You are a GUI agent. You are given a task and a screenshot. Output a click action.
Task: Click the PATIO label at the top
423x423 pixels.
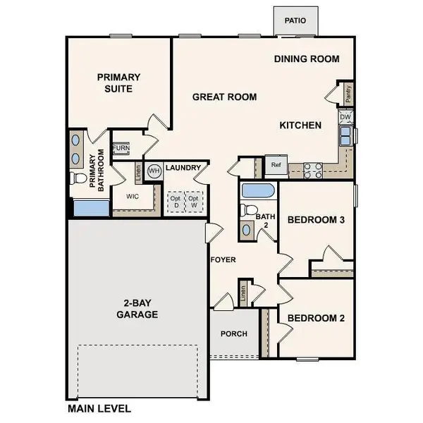(295, 20)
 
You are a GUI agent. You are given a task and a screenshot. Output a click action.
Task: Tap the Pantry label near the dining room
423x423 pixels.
(348, 92)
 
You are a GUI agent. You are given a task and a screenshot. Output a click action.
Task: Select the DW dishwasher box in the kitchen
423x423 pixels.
(345, 116)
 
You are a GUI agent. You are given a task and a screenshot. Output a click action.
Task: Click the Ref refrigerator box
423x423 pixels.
(276, 164)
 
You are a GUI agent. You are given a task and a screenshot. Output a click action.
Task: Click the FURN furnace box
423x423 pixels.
(121, 149)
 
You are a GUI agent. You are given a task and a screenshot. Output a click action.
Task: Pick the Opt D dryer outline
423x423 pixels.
(174, 202)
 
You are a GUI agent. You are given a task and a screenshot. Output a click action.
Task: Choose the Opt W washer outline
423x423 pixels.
(192, 202)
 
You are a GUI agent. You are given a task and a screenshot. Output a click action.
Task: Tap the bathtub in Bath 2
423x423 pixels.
(259, 190)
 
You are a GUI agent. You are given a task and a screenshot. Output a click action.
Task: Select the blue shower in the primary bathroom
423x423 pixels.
(90, 208)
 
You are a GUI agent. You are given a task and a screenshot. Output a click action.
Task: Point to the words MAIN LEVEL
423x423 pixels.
(99, 408)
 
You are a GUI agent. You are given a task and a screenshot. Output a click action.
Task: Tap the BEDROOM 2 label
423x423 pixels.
(316, 318)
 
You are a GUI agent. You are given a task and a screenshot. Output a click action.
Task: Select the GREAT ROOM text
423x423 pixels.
(224, 97)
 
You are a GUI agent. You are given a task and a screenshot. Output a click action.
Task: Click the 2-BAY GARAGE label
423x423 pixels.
(137, 309)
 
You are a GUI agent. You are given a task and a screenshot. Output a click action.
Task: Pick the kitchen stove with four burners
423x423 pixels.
(313, 169)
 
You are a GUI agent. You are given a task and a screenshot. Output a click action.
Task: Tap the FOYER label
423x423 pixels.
(223, 260)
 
